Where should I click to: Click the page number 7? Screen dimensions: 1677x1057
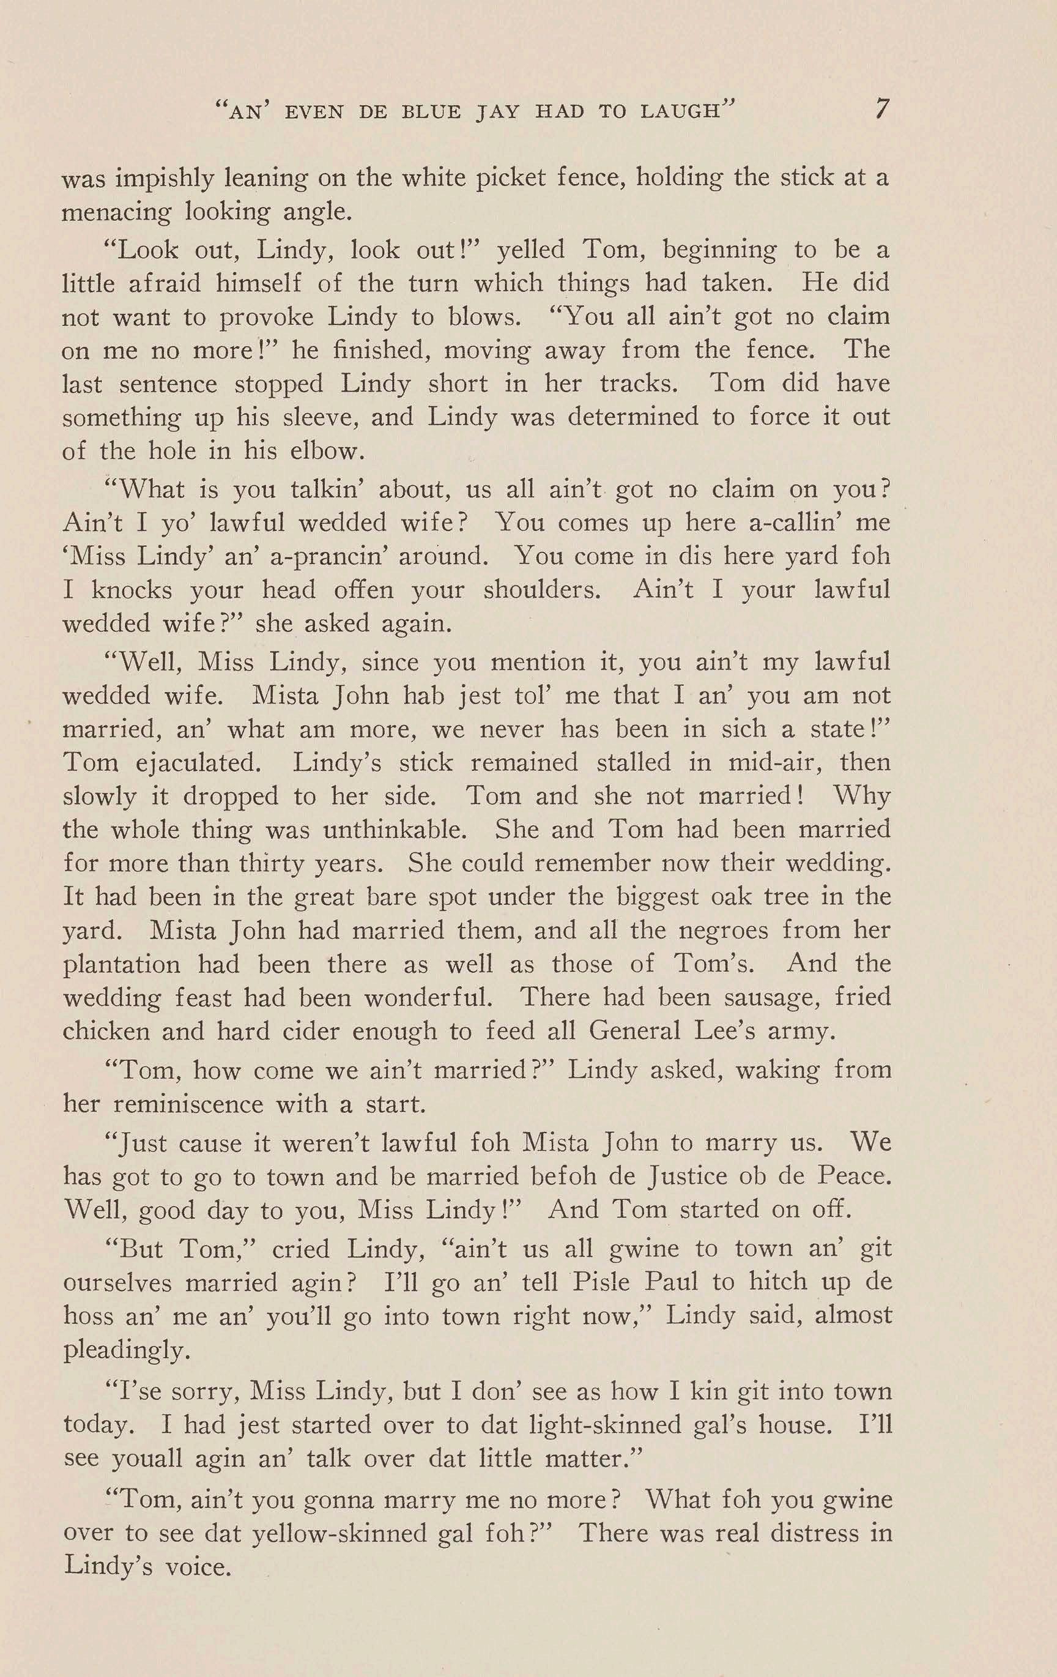click(881, 110)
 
